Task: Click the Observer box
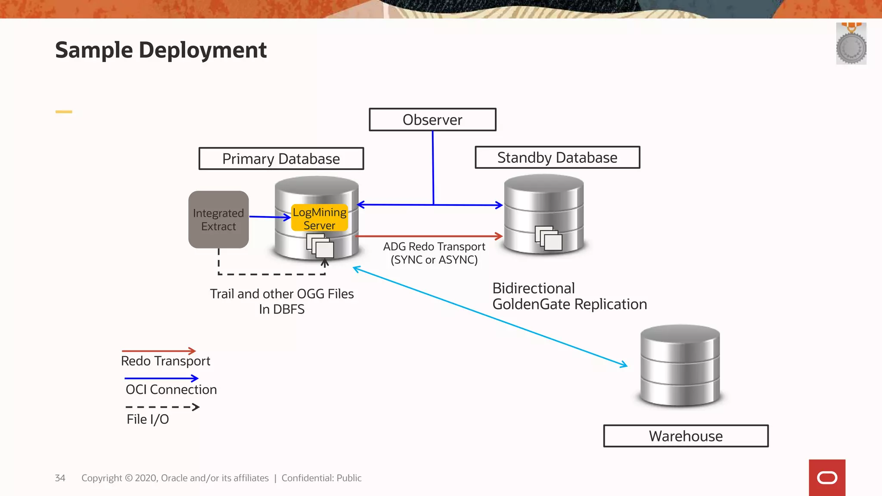coord(432,120)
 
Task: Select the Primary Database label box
coord(281,159)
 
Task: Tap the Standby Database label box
coord(557,158)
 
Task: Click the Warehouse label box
coord(686,436)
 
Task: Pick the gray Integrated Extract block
coord(218,220)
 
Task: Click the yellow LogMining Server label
coord(319,218)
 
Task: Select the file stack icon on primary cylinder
coord(320,245)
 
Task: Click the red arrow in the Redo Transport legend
coord(159,351)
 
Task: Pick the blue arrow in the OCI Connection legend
coord(161,378)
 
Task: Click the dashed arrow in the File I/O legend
coord(162,407)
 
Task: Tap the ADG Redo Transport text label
coord(434,253)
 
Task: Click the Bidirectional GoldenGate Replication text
coord(569,296)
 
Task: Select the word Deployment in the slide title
coord(202,50)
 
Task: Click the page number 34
coord(60,478)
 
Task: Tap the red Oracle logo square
coord(827,477)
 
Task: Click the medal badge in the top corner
coord(851,44)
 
